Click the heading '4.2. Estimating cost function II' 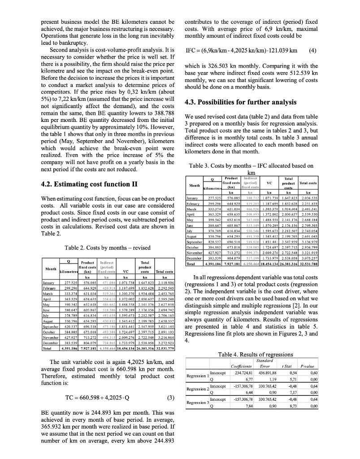tap(89, 184)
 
